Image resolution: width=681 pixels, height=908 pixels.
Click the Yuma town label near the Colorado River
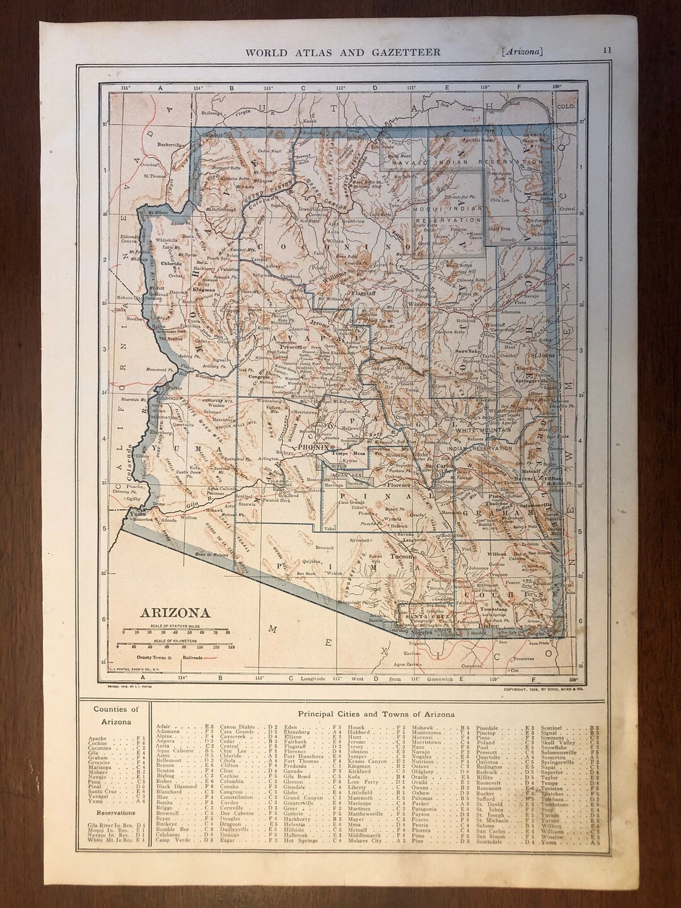(x=137, y=514)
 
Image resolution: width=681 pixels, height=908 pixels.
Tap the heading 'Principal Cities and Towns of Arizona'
(x=376, y=714)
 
